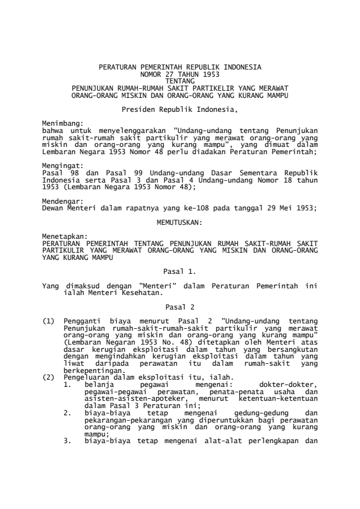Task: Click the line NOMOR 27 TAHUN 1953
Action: coord(180,73)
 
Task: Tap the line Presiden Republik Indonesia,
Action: coord(180,110)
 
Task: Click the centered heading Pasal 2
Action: coord(180,307)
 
